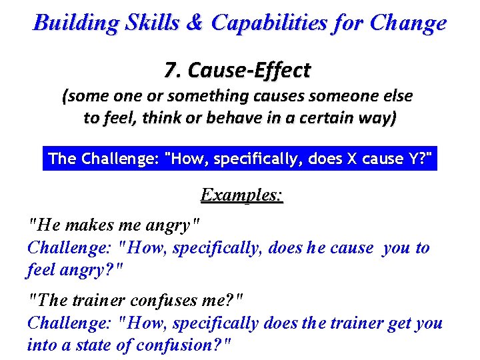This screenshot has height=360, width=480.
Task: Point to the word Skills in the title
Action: [154, 23]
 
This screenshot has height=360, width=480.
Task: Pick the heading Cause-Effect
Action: [250, 69]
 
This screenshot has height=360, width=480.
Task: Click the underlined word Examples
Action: [241, 195]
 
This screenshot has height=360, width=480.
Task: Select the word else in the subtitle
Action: [398, 96]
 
